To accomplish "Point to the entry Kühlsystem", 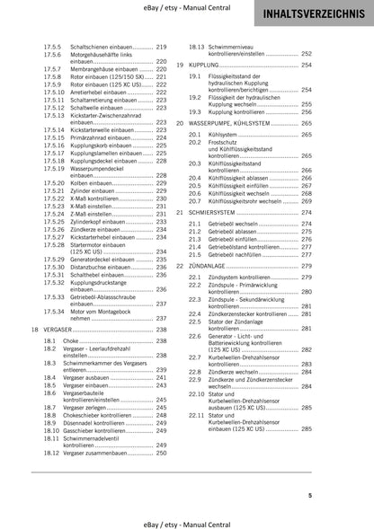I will [225, 133].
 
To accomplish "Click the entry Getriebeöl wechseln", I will [238, 223].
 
